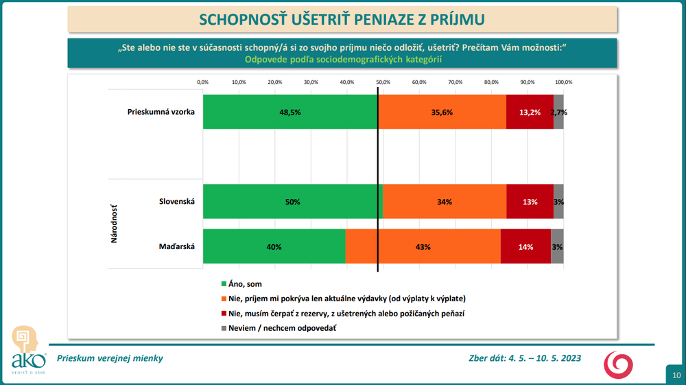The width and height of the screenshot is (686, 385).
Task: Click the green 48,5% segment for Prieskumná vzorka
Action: click(289, 112)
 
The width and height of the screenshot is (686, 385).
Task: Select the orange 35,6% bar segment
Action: click(442, 112)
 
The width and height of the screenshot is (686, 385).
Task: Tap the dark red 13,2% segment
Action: click(530, 112)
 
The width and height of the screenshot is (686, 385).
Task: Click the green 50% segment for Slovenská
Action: click(293, 202)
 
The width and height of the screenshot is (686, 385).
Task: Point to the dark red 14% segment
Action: click(525, 247)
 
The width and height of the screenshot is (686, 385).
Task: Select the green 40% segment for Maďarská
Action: click(274, 247)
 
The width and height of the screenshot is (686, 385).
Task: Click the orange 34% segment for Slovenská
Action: click(445, 202)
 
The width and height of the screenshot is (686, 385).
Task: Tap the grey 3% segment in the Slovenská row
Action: click(558, 202)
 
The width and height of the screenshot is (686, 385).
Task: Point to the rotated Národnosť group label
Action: click(114, 224)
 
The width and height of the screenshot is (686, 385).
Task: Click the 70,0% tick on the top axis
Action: click(455, 82)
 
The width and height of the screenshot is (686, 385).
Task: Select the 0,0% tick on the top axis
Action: click(202, 82)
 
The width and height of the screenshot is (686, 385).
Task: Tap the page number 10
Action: click(676, 375)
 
